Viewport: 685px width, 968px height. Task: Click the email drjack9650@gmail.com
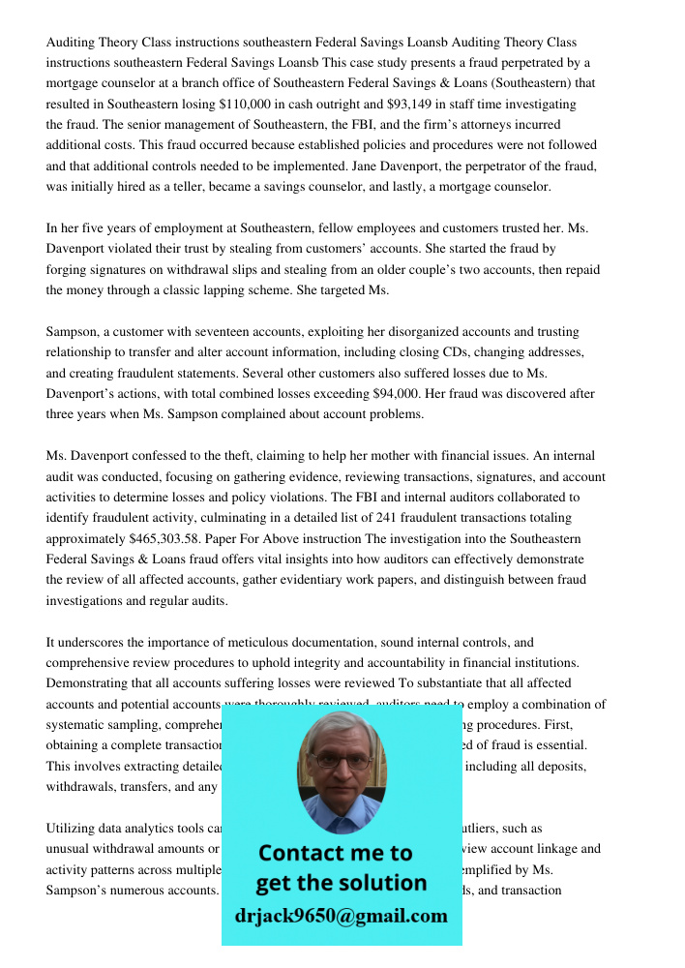click(x=341, y=916)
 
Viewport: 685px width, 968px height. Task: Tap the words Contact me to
click(x=335, y=853)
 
